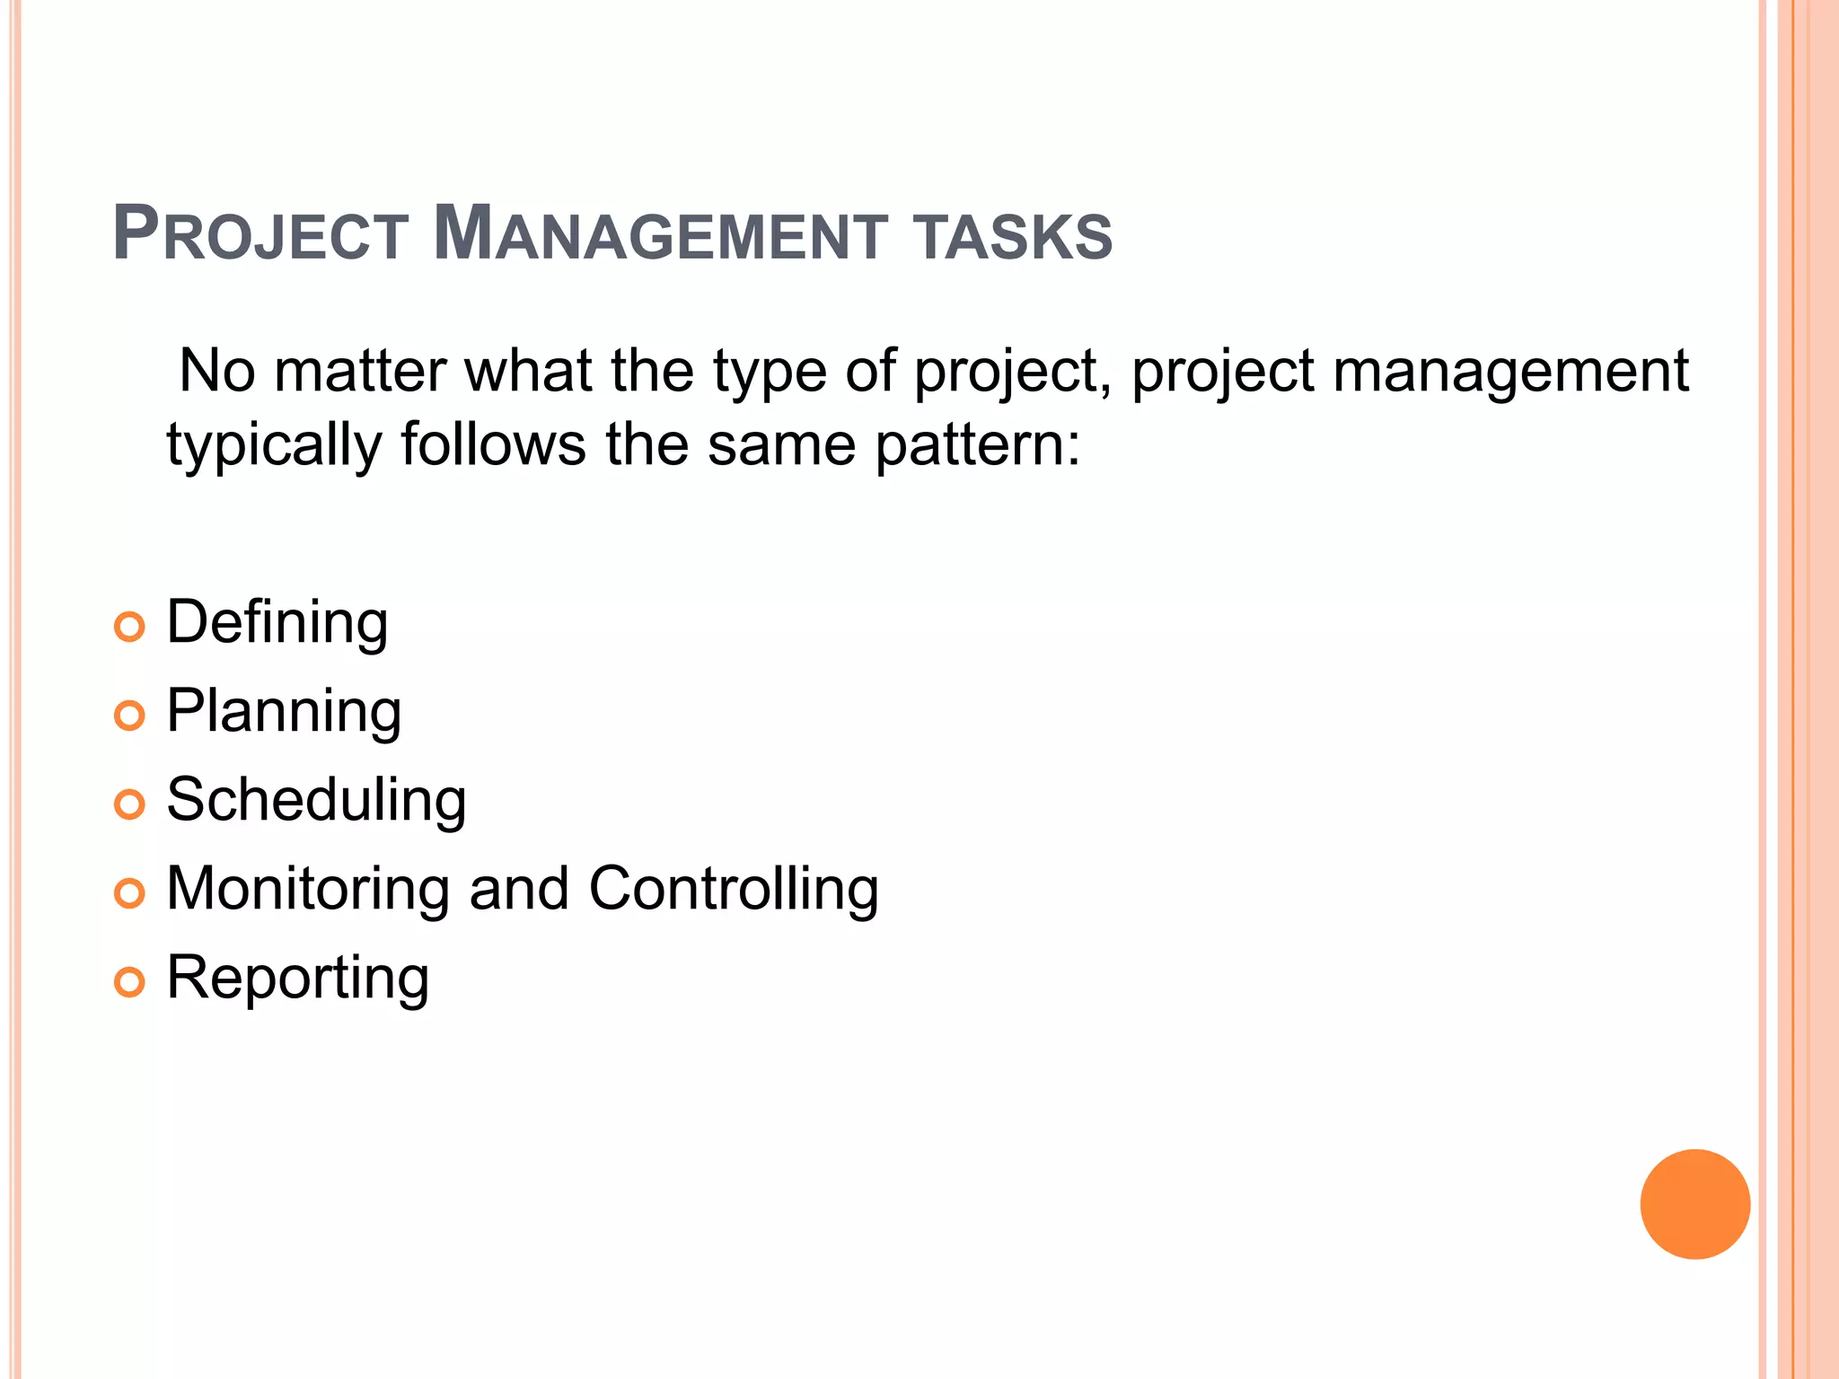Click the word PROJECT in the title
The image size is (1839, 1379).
pyautogui.click(x=260, y=235)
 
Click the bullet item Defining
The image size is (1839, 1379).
pyautogui.click(x=277, y=622)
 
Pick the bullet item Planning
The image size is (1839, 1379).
pyautogui.click(x=284, y=711)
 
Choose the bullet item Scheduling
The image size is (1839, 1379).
pyautogui.click(x=316, y=800)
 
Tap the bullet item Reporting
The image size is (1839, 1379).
pyautogui.click(x=297, y=978)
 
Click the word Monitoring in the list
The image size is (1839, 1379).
pyautogui.click(x=308, y=889)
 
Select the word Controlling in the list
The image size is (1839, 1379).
pyautogui.click(x=733, y=889)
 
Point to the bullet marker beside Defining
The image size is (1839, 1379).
pyautogui.click(x=130, y=627)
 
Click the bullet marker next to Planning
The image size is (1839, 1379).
pyautogui.click(x=130, y=716)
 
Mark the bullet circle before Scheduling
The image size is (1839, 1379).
pyautogui.click(x=130, y=804)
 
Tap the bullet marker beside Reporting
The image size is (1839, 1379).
pyautogui.click(x=130, y=982)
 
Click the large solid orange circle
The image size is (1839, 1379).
pyautogui.click(x=1694, y=1204)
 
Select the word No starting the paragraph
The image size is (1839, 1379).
pyautogui.click(x=217, y=370)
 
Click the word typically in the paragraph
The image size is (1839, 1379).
pyautogui.click(x=274, y=445)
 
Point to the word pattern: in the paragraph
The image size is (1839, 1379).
pyautogui.click(x=978, y=445)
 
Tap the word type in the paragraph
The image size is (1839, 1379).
pyautogui.click(x=770, y=372)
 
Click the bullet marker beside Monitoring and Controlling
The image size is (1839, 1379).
pyautogui.click(x=130, y=893)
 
